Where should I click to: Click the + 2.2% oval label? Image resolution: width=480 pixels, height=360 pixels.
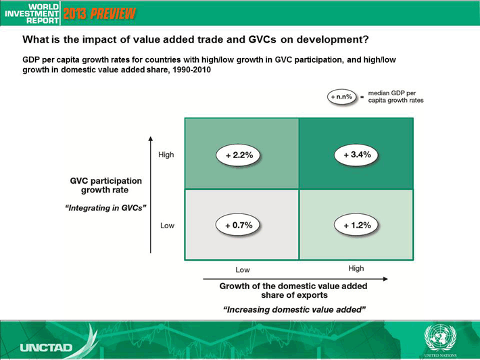coord(239,155)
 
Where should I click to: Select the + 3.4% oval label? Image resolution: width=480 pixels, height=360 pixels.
coord(356,155)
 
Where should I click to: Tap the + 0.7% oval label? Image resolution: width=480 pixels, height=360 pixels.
coord(238,225)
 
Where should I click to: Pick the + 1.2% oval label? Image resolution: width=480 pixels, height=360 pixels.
coord(356,225)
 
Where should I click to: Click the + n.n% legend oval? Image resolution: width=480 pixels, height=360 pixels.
coord(341,97)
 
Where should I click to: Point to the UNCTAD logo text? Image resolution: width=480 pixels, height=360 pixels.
coord(46,347)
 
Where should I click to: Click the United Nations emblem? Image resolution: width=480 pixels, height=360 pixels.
coord(440,338)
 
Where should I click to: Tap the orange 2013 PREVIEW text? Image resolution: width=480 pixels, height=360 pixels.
coord(99,14)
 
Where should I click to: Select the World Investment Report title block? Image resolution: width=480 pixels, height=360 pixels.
coord(32,14)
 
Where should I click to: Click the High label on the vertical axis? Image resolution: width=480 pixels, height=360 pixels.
coord(166,155)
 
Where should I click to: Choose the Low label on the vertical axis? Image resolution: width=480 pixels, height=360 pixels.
coord(167,226)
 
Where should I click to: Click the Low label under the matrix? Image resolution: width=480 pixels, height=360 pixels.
coord(243,269)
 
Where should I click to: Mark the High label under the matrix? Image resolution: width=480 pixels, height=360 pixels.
coord(356,268)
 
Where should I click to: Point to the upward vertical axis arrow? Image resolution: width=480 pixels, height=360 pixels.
coord(150,195)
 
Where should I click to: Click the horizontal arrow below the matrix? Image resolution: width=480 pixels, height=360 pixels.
coord(295,279)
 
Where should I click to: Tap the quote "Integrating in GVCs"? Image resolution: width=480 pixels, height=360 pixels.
coord(105,208)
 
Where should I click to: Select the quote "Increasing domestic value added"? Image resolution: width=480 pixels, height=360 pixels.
coord(294,309)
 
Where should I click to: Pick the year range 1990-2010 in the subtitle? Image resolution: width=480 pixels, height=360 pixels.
coord(191,70)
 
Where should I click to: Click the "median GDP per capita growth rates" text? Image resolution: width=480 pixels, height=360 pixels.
coord(395,97)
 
